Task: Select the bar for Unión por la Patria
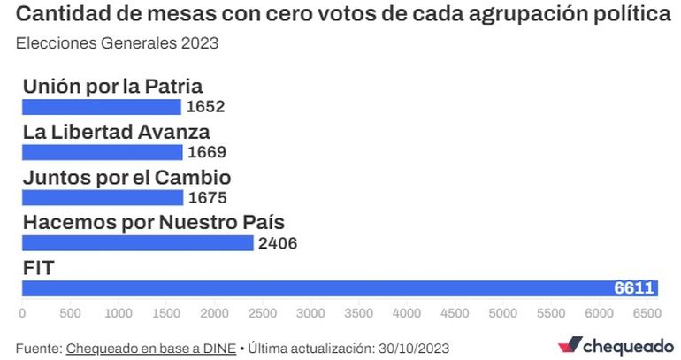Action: [102, 107]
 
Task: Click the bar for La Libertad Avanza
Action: [103, 152]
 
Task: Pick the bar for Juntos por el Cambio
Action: [103, 197]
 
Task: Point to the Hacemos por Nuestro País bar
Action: [138, 242]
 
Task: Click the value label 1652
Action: [206, 107]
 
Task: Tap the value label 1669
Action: [208, 152]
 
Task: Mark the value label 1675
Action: [209, 197]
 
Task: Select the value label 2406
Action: [278, 243]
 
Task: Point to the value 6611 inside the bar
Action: [634, 288]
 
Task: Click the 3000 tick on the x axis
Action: [310, 313]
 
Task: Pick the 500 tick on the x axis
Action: [70, 313]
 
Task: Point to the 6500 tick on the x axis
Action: [647, 313]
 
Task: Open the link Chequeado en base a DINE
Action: [150, 348]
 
